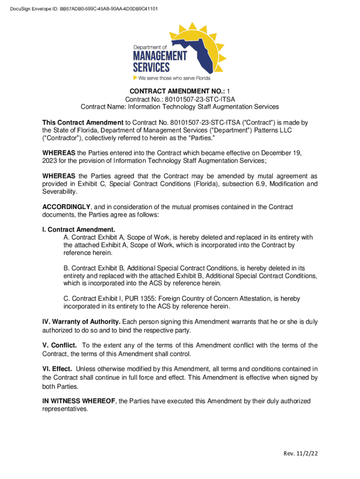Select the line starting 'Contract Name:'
tap(180, 107)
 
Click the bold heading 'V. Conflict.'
tap(59, 345)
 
